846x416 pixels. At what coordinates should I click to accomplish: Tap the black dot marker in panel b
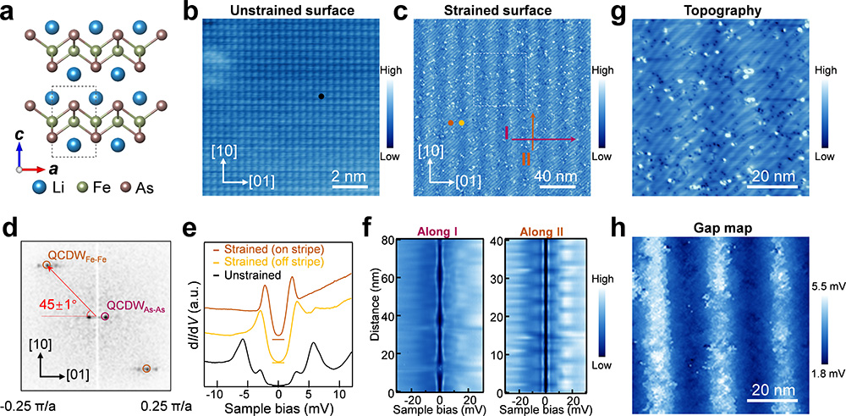(x=321, y=97)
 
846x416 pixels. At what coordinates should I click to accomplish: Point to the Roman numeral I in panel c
(x=505, y=134)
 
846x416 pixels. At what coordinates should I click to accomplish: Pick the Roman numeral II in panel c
(x=526, y=158)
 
